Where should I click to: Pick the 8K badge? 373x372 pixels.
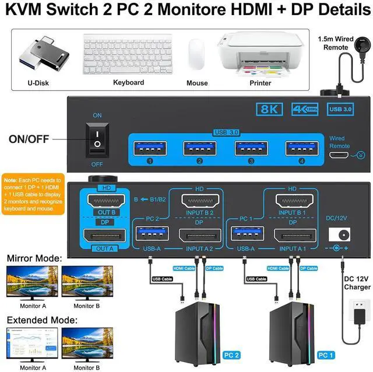272,108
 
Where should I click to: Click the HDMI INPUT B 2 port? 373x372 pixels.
199,203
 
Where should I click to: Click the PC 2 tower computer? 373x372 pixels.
200,336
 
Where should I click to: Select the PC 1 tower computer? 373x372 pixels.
293,336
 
